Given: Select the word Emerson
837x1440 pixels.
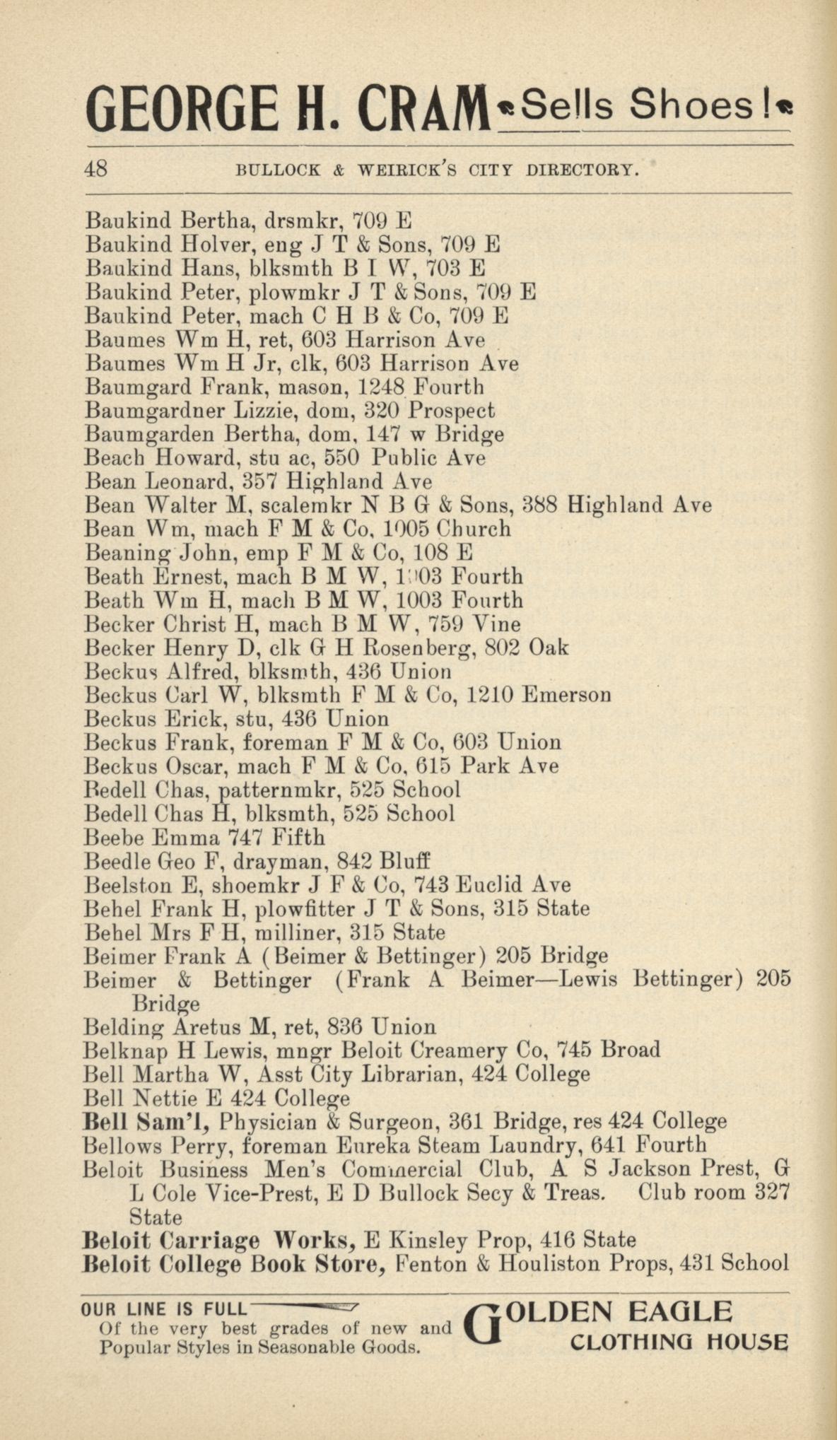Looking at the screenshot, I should click(x=566, y=696).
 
